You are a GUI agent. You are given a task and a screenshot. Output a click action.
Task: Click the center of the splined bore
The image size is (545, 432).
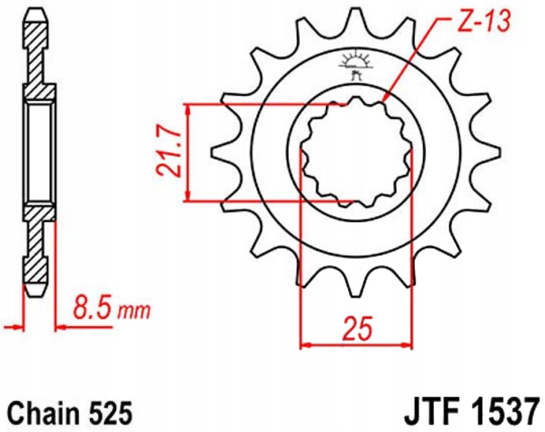click(x=357, y=152)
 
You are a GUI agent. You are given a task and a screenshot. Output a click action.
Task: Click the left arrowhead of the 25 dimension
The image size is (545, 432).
click(x=303, y=345)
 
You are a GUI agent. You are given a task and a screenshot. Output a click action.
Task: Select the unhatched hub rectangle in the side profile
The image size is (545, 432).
click(x=40, y=152)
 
